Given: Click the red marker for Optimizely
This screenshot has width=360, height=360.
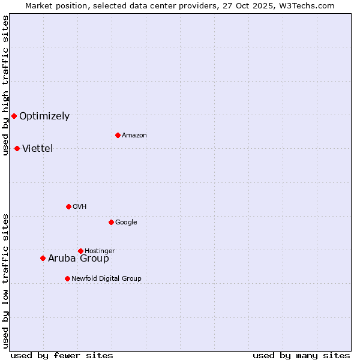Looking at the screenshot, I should click(14, 116).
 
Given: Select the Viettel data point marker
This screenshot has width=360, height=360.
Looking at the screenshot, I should click(17, 148).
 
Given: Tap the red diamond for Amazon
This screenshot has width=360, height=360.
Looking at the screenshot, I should click(118, 135).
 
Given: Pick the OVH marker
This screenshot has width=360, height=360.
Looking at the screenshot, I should click(68, 206).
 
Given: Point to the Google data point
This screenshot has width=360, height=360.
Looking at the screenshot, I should click(111, 222).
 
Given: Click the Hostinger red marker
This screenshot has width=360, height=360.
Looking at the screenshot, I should click(80, 251).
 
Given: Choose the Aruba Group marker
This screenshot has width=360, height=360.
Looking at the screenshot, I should click(43, 258).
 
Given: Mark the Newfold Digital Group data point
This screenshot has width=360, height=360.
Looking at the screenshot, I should click(67, 278).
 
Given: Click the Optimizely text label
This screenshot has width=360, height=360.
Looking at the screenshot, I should click(44, 116).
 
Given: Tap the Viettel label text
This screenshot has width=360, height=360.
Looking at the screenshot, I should click(38, 149).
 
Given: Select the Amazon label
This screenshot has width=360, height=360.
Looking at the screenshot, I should click(134, 136).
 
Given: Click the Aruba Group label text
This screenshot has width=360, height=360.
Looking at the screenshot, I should click(79, 259).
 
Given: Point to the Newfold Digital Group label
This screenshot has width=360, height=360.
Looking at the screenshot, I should click(106, 278).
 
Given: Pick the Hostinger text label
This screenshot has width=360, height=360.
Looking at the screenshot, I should click(100, 251).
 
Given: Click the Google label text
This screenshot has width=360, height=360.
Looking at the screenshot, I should click(126, 223).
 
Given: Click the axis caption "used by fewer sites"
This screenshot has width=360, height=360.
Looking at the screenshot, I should click(62, 355).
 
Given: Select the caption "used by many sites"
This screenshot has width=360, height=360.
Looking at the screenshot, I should click(301, 355).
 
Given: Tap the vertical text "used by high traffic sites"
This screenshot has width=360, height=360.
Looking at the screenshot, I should click(5, 85).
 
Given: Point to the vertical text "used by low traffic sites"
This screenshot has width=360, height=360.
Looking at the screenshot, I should click(5, 281).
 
